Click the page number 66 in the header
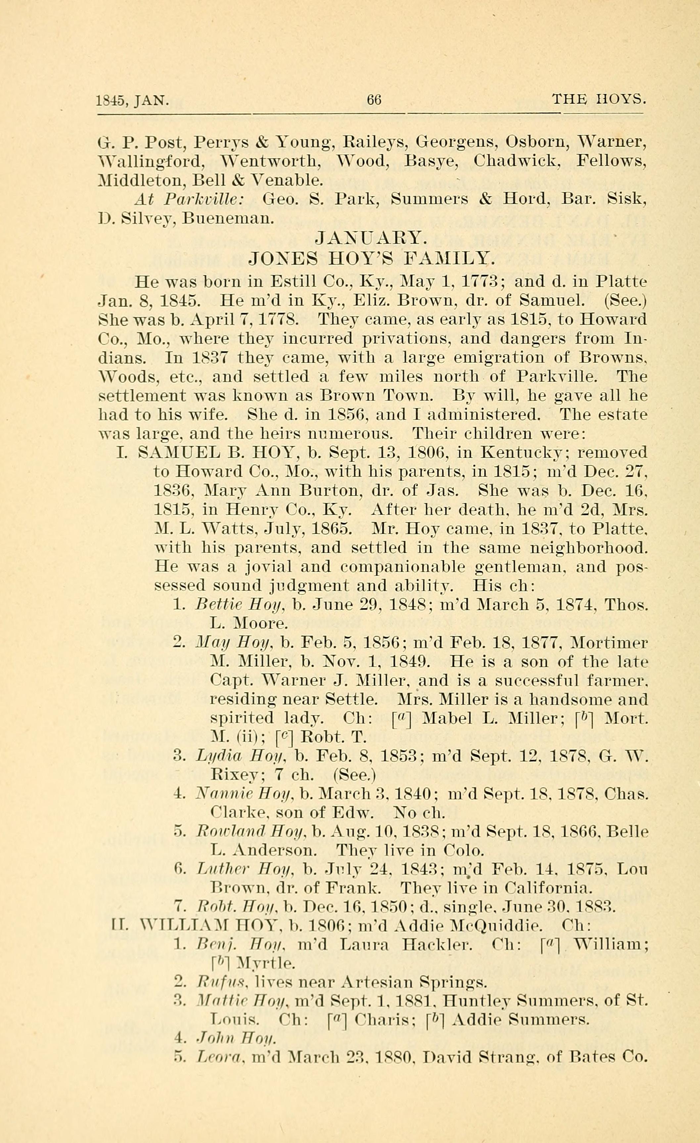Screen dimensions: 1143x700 [x=374, y=99]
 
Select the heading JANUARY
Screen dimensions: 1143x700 [x=369, y=238]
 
